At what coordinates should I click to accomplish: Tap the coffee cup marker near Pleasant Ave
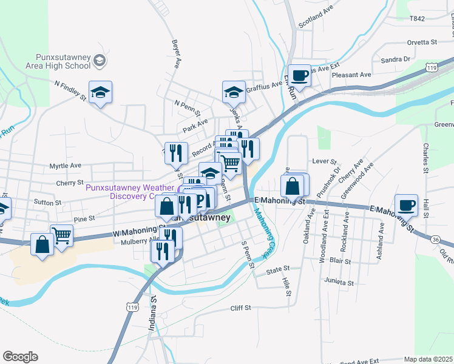pos(299,75)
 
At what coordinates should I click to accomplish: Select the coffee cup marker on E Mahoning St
pos(406,204)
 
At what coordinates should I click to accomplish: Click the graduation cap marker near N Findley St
pos(101,92)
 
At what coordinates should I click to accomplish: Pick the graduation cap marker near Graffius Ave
pos(234,92)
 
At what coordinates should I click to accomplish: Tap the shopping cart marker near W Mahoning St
pos(62,235)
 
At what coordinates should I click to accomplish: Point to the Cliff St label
pos(240,308)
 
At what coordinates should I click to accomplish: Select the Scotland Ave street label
pos(316,18)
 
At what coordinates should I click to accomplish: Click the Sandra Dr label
pos(395,59)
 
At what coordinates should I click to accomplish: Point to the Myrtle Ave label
pos(65,165)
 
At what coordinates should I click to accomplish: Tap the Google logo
pos(20,357)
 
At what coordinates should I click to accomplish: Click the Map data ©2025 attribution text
pos(428,359)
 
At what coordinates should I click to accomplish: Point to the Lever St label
pos(324,161)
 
